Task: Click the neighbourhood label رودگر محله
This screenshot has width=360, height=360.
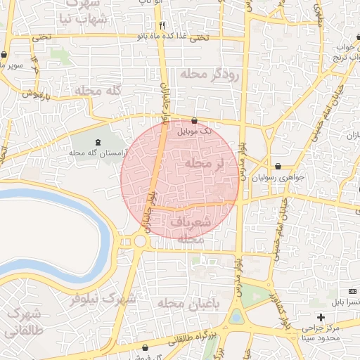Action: [210, 73]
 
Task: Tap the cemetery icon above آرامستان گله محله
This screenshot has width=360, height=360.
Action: [97, 141]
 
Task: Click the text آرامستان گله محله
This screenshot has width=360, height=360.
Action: [97, 152]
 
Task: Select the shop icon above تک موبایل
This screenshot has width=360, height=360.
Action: [194, 120]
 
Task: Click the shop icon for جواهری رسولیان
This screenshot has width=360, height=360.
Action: [279, 167]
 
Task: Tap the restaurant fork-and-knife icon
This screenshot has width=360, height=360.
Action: [162, 25]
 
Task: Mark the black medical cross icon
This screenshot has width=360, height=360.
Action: [321, 317]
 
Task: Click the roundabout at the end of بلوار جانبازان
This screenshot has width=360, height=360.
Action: [140, 241]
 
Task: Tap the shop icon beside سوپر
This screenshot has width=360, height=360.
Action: [5, 54]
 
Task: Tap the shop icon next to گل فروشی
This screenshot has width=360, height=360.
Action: [146, 347]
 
